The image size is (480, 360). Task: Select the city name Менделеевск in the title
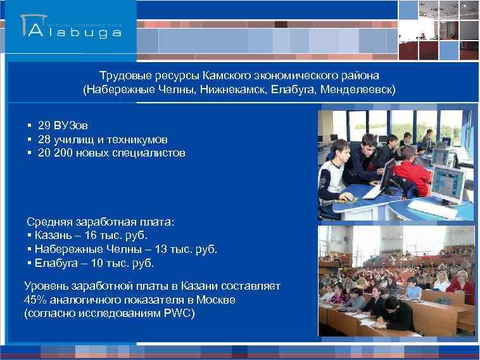point(361,89)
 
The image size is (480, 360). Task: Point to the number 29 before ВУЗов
point(44,125)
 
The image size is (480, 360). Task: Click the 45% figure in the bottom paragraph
point(35,300)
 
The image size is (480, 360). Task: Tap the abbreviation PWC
point(179,314)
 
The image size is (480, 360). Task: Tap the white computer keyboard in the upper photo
point(374,188)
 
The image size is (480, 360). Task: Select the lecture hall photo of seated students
point(396,281)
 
